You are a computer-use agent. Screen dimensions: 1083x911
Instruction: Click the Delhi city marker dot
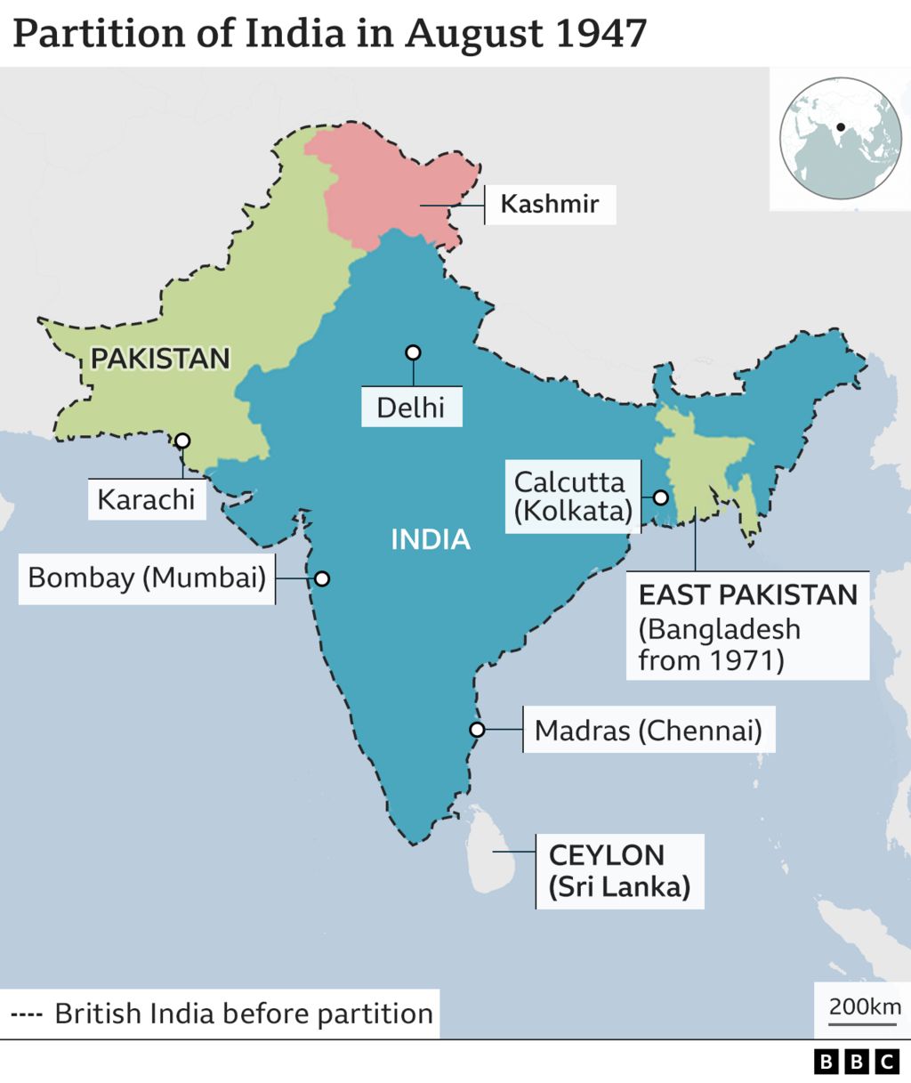(x=412, y=352)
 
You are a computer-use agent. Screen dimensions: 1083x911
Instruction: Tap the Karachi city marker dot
(x=182, y=440)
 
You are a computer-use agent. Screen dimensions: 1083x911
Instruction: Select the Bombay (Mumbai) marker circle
(x=322, y=578)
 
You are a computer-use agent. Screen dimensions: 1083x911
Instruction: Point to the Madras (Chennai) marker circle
(x=477, y=730)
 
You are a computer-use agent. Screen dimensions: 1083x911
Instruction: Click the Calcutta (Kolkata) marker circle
(x=661, y=497)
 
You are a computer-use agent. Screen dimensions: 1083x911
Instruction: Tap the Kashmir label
(x=549, y=203)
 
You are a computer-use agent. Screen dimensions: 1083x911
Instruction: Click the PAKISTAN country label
(x=160, y=358)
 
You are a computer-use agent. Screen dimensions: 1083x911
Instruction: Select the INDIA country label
(x=431, y=539)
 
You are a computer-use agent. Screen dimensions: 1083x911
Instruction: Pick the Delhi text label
(x=410, y=408)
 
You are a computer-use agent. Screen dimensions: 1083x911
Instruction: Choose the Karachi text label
(x=146, y=499)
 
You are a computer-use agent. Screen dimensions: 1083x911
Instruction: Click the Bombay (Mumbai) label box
(x=147, y=578)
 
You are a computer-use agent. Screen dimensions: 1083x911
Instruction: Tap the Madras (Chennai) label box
(x=648, y=731)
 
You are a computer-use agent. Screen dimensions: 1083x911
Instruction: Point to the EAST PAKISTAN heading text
(x=747, y=594)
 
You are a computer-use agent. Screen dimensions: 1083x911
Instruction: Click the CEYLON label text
(x=607, y=855)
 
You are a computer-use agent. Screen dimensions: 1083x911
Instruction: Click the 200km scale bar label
(x=865, y=1006)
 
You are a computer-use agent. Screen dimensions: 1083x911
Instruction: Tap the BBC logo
(x=858, y=1061)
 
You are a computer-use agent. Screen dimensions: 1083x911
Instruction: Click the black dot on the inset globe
(x=840, y=127)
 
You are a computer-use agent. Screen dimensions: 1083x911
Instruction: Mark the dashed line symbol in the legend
(x=27, y=1014)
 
